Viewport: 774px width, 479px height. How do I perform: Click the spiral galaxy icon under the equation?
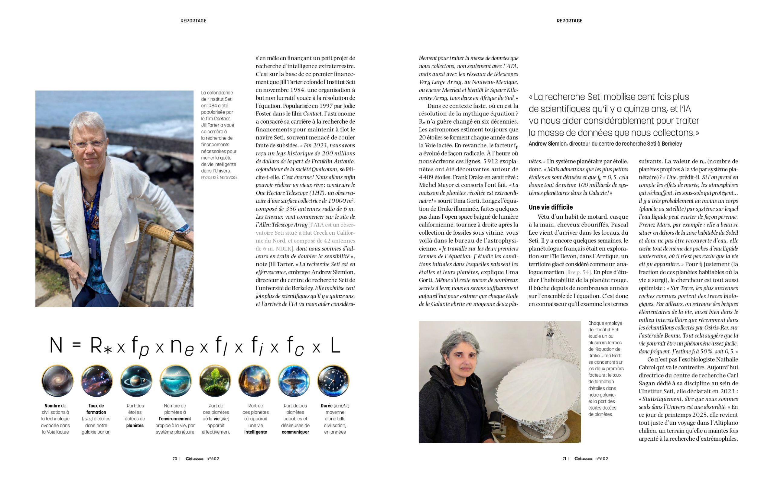click(57, 381)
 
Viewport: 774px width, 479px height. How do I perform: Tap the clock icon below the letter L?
click(333, 381)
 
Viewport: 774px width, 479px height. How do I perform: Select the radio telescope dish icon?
click(294, 381)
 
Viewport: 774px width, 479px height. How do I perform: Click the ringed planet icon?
click(136, 381)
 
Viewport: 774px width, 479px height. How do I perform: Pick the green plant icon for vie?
click(215, 381)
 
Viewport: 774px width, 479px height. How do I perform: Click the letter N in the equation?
click(56, 345)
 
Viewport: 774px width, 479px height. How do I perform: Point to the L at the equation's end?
click(335, 345)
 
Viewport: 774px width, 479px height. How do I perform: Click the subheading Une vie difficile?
click(551, 207)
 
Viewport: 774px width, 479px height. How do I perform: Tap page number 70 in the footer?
click(175, 458)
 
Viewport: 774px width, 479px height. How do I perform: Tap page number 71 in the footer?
click(564, 458)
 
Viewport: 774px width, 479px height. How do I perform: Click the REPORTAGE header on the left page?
click(193, 21)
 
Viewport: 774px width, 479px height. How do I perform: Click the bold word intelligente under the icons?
click(255, 432)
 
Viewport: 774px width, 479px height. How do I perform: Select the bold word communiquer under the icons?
click(295, 432)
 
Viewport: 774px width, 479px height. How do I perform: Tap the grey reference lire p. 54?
click(578, 272)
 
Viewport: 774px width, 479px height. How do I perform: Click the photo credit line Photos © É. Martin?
click(219, 177)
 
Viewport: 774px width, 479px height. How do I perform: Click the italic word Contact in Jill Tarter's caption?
click(222, 118)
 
